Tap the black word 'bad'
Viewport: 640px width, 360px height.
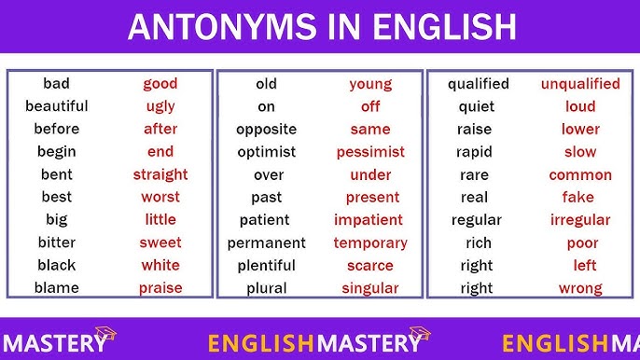click(x=56, y=84)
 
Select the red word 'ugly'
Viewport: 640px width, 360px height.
click(x=160, y=106)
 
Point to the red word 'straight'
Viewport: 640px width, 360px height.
click(x=160, y=174)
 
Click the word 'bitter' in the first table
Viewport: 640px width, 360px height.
click(x=56, y=242)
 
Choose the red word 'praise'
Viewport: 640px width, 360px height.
click(x=160, y=288)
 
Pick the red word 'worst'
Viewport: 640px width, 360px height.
click(x=160, y=197)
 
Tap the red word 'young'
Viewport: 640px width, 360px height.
click(x=370, y=84)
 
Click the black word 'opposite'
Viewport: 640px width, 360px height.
click(x=266, y=129)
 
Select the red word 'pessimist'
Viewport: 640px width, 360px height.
click(x=370, y=152)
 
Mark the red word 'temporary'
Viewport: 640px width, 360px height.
click(x=370, y=242)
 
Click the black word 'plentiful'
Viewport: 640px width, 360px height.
click(x=266, y=266)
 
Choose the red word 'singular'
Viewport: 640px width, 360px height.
click(x=370, y=288)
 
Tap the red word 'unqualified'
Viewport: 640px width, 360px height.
click(x=580, y=84)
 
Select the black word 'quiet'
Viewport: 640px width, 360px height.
click(x=476, y=106)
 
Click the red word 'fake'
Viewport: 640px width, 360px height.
click(x=578, y=197)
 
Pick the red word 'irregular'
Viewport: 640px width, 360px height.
click(x=580, y=220)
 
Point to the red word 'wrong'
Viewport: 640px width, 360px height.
click(x=580, y=288)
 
